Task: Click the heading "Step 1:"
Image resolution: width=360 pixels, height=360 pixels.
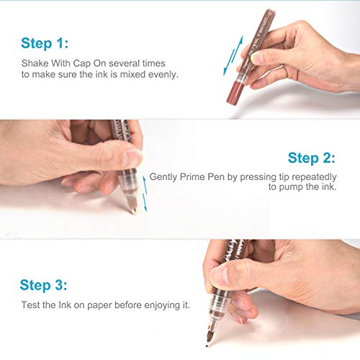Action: pyautogui.click(x=45, y=43)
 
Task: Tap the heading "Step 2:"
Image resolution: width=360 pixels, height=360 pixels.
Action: pyautogui.click(x=312, y=158)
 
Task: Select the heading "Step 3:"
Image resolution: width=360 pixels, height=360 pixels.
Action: pyautogui.click(x=43, y=285)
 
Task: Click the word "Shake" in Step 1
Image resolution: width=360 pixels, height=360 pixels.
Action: pyautogui.click(x=35, y=63)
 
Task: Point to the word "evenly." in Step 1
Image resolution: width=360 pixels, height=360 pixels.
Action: pyautogui.click(x=163, y=75)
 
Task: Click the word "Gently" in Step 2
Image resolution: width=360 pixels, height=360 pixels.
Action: pyautogui.click(x=163, y=177)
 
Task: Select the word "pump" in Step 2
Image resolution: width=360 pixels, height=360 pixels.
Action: pyautogui.click(x=291, y=187)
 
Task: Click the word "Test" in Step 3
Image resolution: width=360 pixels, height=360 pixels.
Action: pyautogui.click(x=30, y=305)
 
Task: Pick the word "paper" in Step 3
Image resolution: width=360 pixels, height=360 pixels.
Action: pyautogui.click(x=99, y=306)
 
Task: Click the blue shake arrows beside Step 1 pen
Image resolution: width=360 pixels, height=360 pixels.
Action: pyautogui.click(x=233, y=56)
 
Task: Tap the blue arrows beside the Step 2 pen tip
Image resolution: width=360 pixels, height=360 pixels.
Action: pyautogui.click(x=145, y=194)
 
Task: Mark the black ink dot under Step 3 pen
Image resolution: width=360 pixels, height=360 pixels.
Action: pyautogui.click(x=207, y=346)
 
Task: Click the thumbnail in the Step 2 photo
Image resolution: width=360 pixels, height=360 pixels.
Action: pyautogui.click(x=132, y=158)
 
